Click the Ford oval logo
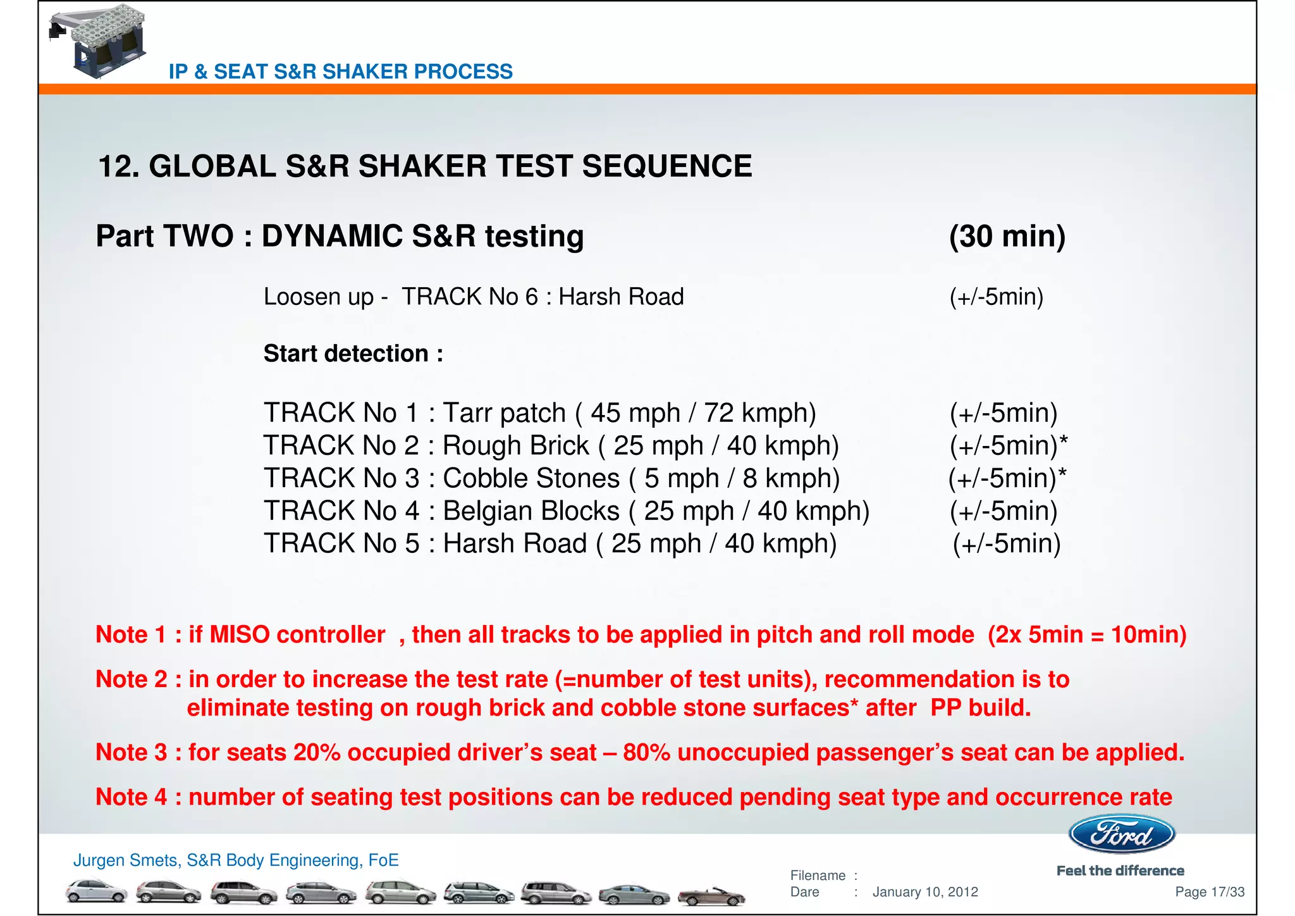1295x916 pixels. click(x=1121, y=834)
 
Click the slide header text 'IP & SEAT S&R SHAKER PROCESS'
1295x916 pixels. click(x=340, y=71)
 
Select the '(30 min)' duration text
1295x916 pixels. click(x=1007, y=236)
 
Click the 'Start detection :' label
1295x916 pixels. click(x=353, y=354)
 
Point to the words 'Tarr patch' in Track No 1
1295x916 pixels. click(x=504, y=413)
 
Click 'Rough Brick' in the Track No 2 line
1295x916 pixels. click(x=515, y=446)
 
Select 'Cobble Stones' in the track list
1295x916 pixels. click(x=531, y=479)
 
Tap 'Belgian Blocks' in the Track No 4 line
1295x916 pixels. click(x=531, y=511)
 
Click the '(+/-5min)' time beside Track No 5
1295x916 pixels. click(x=1007, y=544)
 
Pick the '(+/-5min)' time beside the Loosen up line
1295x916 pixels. click(x=997, y=297)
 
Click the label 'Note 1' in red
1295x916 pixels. click(x=131, y=634)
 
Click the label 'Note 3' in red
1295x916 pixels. click(x=131, y=753)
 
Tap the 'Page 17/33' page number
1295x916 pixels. click(x=1209, y=892)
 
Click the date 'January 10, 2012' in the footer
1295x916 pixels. click(x=925, y=892)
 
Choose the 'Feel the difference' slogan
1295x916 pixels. click(x=1120, y=871)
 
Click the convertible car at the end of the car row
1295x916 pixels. click(x=711, y=895)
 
